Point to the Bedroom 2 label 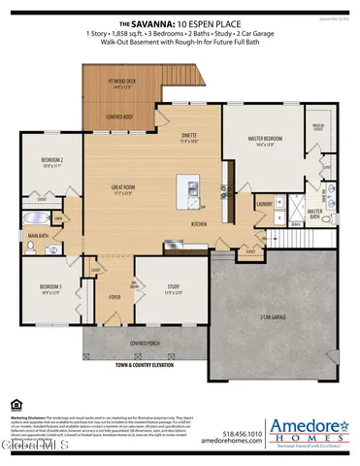(x=51, y=160)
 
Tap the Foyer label (x=115, y=297)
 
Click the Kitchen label (x=199, y=223)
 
